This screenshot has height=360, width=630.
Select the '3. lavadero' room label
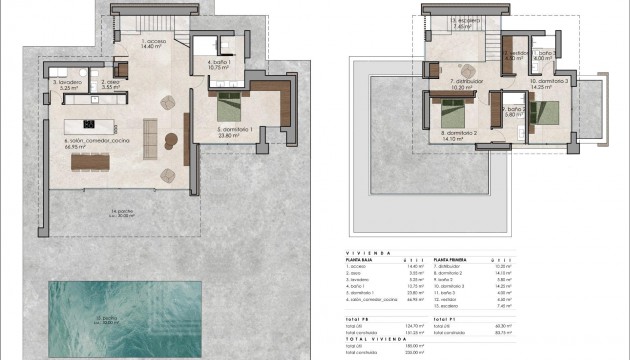(x=66, y=84)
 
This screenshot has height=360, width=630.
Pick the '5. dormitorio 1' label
(x=238, y=130)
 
